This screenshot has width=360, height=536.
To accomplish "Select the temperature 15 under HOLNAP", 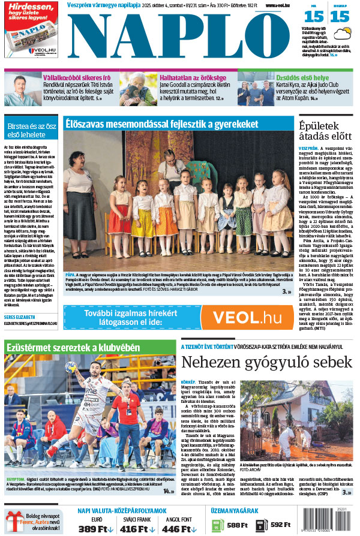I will tap(339, 17).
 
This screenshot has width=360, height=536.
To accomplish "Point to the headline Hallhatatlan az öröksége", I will tap(191, 77).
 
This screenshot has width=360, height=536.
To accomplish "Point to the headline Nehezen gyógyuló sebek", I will tap(266, 362).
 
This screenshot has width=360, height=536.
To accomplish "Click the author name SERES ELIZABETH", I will tap(20, 317).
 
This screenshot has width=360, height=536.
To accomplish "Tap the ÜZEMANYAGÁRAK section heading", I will tap(236, 511).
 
